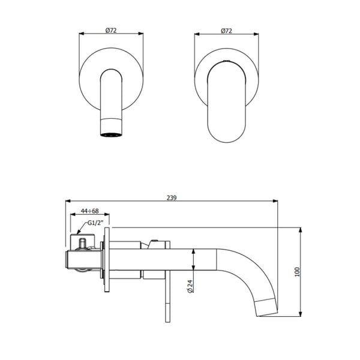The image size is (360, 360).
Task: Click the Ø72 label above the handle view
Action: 227,29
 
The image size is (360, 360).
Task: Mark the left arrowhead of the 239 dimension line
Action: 67,201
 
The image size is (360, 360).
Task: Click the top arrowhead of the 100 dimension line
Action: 300,230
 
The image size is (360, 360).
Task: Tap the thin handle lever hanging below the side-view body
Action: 165,300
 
